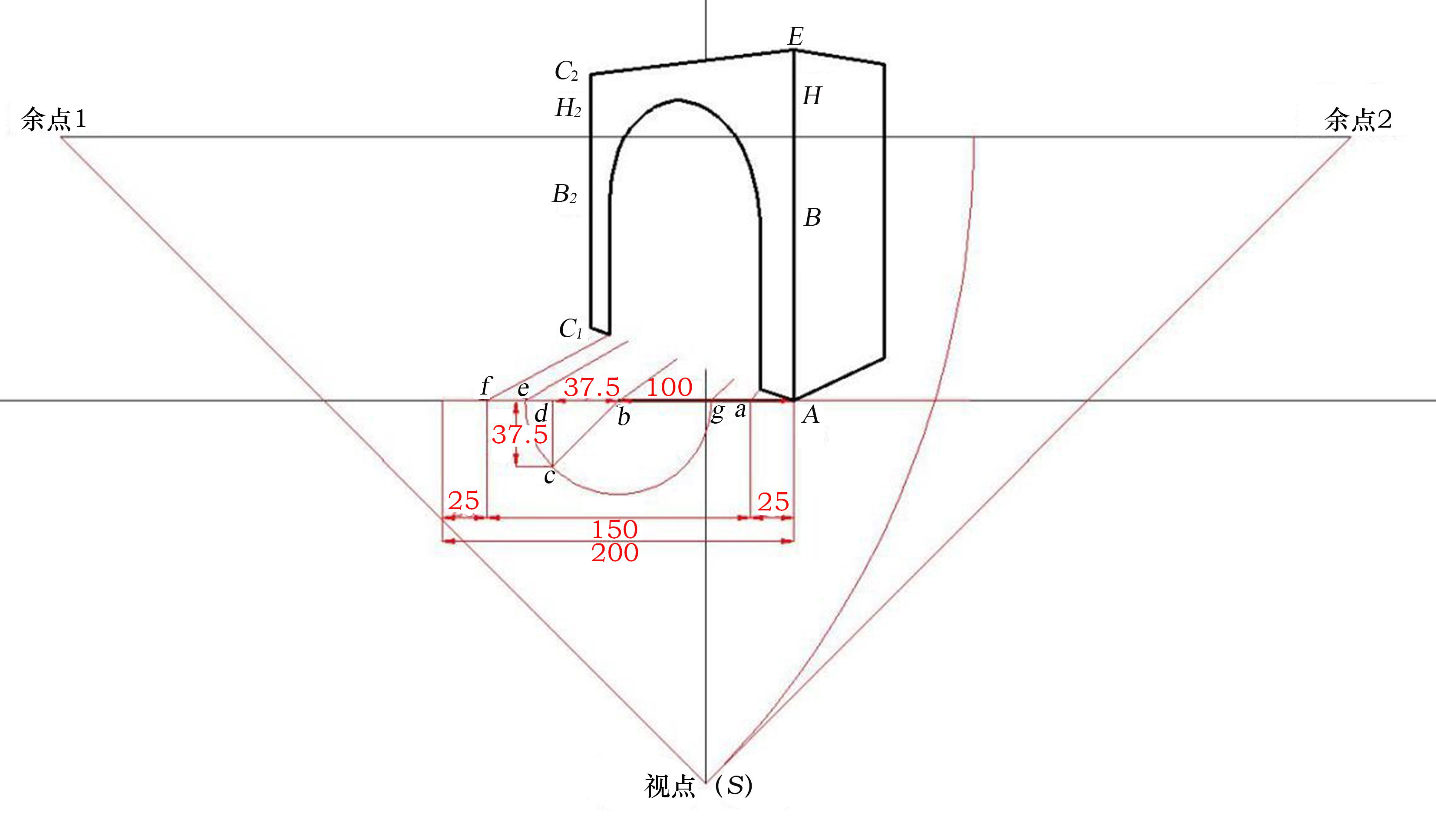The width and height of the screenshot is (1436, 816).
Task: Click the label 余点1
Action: point(54,119)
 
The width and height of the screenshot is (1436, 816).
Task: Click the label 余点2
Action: point(1358,119)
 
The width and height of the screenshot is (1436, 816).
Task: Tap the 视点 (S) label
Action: point(698,785)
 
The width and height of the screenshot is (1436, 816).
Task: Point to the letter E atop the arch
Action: point(796,36)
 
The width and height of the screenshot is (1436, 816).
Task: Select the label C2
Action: point(566,71)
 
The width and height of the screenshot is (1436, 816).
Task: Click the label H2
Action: point(568,108)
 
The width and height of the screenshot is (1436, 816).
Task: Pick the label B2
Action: point(564,194)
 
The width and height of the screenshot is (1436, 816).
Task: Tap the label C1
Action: point(571,329)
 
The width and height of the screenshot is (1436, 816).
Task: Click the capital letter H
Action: point(812,96)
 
